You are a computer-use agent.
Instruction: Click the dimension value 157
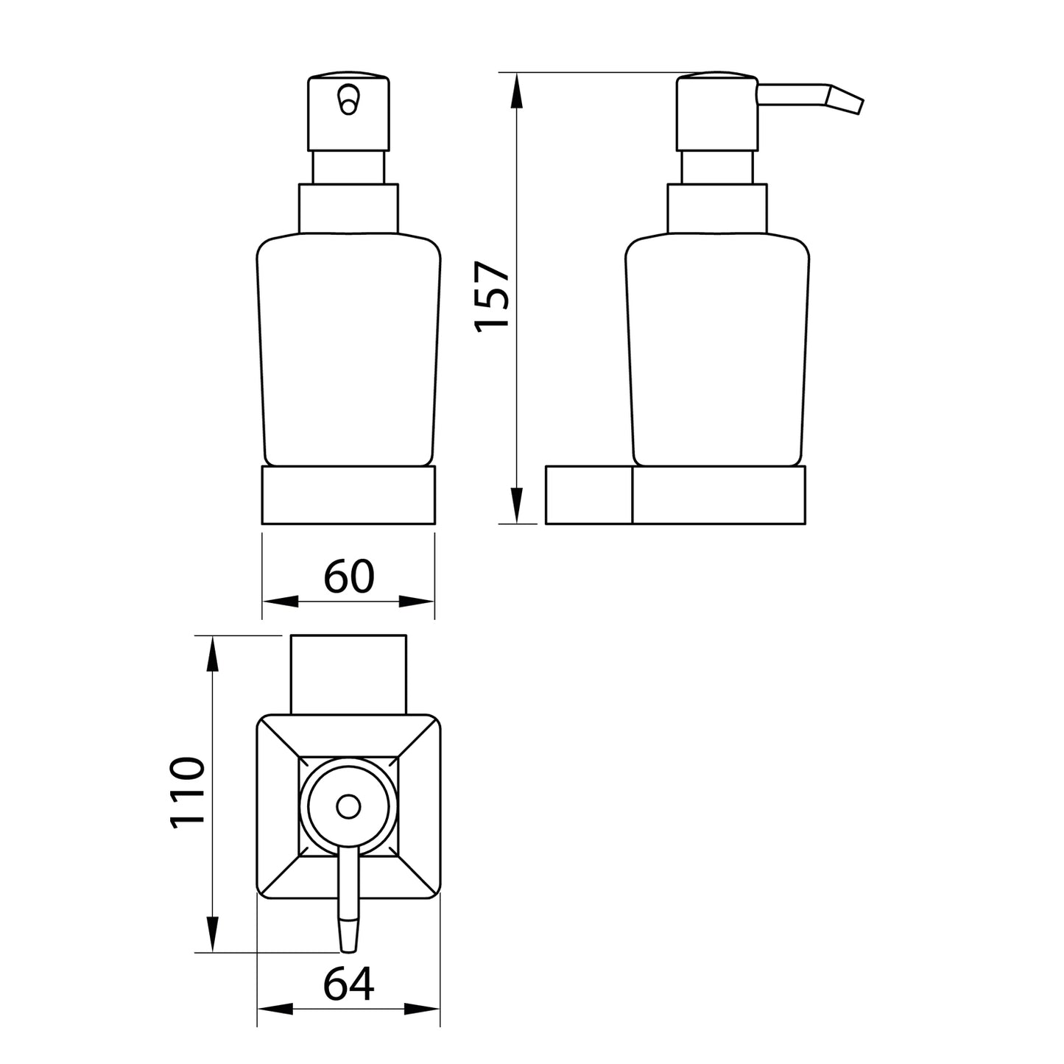(x=493, y=297)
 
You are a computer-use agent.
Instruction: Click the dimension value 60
(x=349, y=577)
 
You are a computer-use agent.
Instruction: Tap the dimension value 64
(x=348, y=984)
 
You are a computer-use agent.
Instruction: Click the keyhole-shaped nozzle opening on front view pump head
(x=348, y=99)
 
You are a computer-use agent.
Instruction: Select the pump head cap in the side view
(x=716, y=111)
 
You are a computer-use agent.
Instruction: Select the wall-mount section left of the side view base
(x=588, y=494)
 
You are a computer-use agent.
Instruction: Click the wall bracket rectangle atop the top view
(x=348, y=673)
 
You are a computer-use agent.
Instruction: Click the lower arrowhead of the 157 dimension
(x=517, y=506)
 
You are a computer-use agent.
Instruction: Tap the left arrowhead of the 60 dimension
(x=280, y=602)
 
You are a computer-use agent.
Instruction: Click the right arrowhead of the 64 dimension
(x=423, y=1009)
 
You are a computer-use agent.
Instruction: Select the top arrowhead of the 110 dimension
(x=212, y=654)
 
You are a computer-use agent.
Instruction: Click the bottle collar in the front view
(x=348, y=208)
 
